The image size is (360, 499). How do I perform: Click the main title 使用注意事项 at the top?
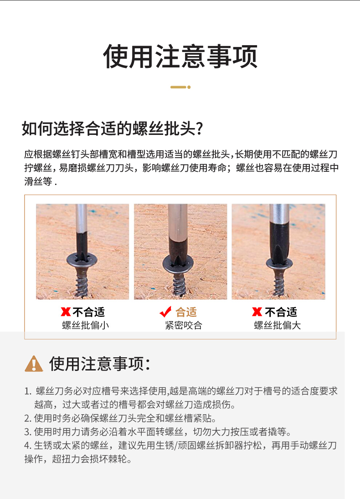pos(180,57)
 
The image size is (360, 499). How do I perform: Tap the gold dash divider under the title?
pos(180,87)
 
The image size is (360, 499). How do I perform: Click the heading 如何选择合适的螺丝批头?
pos(113,129)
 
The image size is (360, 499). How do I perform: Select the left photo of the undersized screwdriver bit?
pos(82,252)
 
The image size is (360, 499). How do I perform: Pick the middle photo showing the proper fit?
pos(180,252)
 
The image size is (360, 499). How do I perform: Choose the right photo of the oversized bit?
pos(278,252)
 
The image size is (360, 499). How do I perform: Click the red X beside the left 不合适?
pos(66,312)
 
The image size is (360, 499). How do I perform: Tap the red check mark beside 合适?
pos(165,312)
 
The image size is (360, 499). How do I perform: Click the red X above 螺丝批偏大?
pos(257,312)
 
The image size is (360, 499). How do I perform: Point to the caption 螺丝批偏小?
pos(86,325)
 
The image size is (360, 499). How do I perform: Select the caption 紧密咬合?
pos(184,325)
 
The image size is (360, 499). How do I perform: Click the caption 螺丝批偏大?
pos(278,325)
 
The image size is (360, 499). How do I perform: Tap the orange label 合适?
pos(186,312)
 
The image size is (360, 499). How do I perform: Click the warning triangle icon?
pos(34,364)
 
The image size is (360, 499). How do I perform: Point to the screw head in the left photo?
pos(82,260)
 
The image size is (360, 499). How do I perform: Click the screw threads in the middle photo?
pos(180,284)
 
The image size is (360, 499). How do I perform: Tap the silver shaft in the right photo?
pos(279,213)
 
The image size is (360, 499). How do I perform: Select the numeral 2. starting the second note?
pos(28,418)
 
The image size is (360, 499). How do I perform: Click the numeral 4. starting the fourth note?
pos(28,446)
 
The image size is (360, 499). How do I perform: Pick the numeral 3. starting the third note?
pos(28,432)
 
